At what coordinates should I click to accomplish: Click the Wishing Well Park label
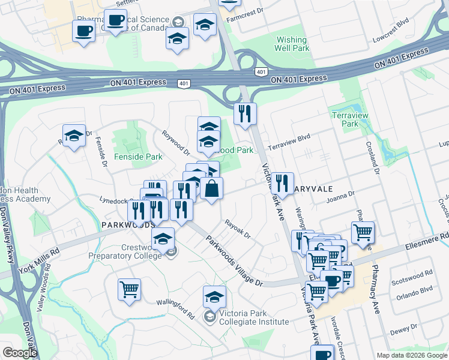(x=291, y=44)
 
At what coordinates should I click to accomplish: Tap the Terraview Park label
(x=345, y=119)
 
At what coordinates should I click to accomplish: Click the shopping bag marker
(x=211, y=189)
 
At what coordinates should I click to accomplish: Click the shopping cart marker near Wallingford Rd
(x=129, y=290)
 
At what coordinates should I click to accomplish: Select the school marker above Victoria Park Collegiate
(x=214, y=297)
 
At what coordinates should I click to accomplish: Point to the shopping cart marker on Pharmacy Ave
(x=363, y=232)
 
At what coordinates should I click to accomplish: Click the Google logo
(x=20, y=353)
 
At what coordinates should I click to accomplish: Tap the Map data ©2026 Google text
(x=412, y=355)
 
